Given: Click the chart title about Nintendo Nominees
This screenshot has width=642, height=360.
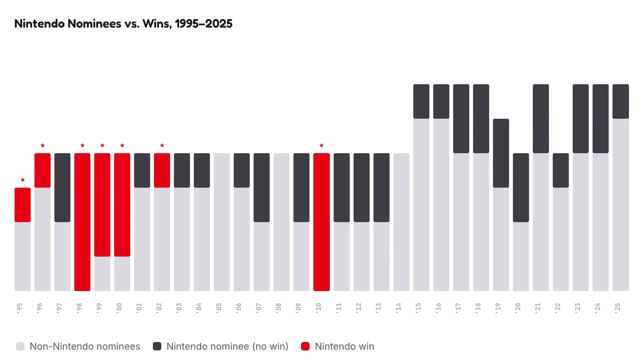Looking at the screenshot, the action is (x=123, y=23).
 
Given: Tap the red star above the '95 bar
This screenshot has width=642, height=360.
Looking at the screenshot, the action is (x=23, y=180).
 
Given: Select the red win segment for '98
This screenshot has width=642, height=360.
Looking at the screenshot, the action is (x=82, y=222).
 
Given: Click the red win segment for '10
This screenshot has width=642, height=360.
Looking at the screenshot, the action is (x=321, y=222).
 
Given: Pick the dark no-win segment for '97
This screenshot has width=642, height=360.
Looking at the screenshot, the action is (x=62, y=188).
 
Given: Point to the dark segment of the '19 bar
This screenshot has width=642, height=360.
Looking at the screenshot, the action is (x=501, y=153).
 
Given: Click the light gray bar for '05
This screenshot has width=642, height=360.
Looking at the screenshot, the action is (x=222, y=222).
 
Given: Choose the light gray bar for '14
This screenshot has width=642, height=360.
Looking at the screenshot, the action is (x=401, y=222).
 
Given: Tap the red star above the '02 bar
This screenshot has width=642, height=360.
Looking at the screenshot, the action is (x=162, y=145).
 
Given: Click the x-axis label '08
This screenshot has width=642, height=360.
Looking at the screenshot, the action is (x=278, y=308).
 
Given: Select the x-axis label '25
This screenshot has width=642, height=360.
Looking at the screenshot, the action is (x=617, y=308).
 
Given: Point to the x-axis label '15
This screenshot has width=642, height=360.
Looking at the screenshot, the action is (x=418, y=308).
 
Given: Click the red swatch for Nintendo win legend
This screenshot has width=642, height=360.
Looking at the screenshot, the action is (x=305, y=346).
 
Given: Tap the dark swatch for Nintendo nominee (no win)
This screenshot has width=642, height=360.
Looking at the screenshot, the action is (x=157, y=346).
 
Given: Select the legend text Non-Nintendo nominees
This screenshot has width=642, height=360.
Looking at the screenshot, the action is (x=85, y=346).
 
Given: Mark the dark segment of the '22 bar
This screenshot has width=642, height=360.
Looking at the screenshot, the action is (x=561, y=170).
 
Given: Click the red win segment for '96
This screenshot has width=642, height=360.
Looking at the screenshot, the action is (x=43, y=170).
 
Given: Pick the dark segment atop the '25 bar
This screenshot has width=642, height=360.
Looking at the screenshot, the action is (x=621, y=101).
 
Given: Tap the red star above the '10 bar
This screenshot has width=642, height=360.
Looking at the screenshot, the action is (x=321, y=145).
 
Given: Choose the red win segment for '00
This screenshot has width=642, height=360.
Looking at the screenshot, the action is (x=122, y=205).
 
